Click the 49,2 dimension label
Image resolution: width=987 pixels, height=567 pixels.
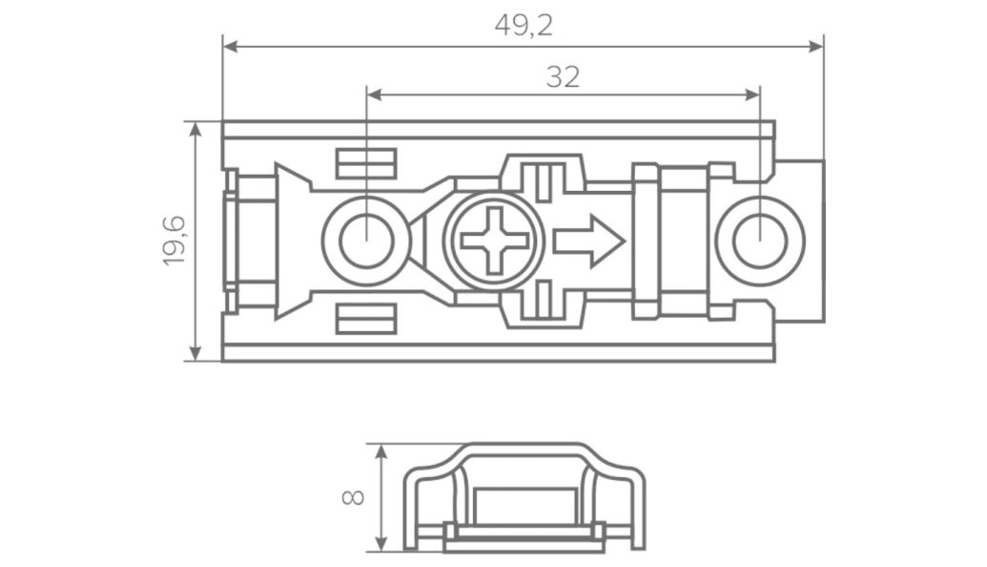click(524, 26)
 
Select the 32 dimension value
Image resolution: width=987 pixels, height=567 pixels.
click(563, 77)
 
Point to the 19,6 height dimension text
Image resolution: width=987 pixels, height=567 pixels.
click(175, 241)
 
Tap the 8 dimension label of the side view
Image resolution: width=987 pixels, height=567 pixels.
click(353, 497)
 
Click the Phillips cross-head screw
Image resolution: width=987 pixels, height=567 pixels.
click(494, 241)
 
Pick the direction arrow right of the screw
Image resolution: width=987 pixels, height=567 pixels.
click(588, 241)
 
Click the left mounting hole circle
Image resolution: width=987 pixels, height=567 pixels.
click(366, 241)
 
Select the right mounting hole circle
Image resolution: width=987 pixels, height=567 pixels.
click(760, 241)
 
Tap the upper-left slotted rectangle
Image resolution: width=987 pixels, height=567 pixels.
click(366, 163)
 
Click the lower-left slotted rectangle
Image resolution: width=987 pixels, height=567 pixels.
click(366, 319)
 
